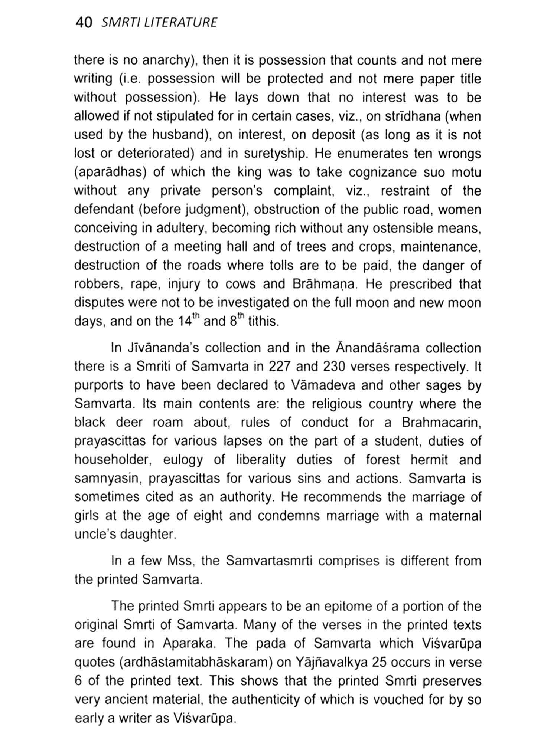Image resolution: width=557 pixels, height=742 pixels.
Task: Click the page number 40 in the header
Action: point(83,23)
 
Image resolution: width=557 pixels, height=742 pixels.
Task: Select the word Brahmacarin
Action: point(442,422)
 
